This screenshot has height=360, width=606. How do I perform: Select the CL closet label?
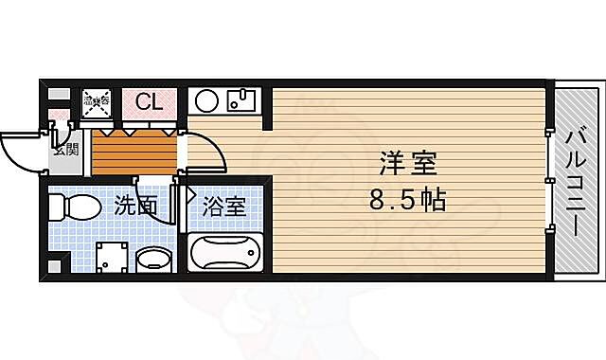coord(149,102)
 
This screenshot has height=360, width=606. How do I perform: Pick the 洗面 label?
coord(135,205)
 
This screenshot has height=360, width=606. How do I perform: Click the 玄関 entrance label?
coord(63,147)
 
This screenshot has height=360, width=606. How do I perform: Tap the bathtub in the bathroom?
coord(223,254)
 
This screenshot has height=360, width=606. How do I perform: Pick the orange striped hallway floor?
coord(134,152)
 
